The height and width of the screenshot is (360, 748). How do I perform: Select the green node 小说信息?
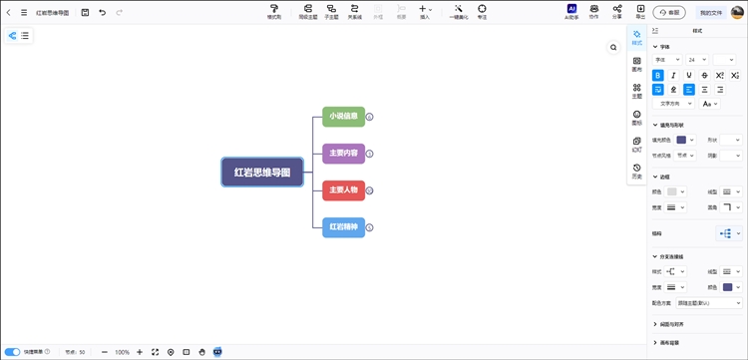[343, 117]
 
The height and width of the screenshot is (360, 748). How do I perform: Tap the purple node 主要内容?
[343, 153]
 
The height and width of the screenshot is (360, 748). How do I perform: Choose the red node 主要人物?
[343, 189]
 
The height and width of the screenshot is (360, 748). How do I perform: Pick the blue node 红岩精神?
[343, 226]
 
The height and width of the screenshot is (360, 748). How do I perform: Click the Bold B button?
[657, 75]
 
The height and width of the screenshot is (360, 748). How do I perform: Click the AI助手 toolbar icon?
[572, 11]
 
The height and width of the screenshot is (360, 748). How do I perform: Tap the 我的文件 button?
[711, 12]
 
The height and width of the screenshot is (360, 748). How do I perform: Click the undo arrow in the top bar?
[102, 12]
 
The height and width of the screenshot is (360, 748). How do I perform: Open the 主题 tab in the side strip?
[637, 91]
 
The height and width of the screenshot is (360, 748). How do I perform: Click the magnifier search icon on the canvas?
[614, 47]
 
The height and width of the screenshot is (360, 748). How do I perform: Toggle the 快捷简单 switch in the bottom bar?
[13, 352]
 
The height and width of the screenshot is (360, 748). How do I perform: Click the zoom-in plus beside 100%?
[140, 352]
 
